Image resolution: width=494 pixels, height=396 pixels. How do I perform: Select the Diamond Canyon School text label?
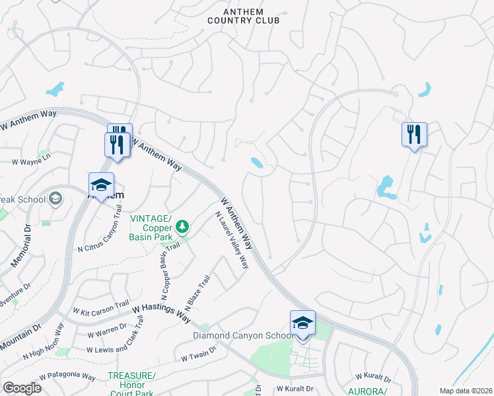pos(243,335)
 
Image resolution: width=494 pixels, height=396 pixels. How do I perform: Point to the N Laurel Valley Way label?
pos(232,240)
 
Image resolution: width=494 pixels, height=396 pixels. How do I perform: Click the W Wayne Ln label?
pos(31,159)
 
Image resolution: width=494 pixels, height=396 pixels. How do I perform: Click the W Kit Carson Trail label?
pos(100,307)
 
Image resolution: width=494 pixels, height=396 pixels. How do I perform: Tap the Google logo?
pos(22,388)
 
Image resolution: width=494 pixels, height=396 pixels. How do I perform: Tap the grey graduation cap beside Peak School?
pos(55,199)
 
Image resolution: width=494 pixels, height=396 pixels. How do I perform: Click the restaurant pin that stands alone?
pos(414,135)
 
